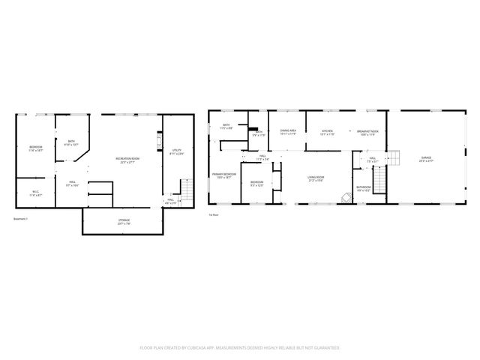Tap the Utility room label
[177, 153]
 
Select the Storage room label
[124, 221]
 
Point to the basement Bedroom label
[35, 148]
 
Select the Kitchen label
[328, 132]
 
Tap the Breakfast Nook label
[367, 132]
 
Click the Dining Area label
[288, 132]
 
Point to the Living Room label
[315, 178]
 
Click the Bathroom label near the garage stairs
[364, 189]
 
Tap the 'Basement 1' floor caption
[21, 219]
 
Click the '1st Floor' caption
[213, 214]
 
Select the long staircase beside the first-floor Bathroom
[381, 181]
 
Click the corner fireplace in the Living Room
[346, 199]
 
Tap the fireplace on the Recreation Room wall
[158, 142]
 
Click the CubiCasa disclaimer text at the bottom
[240, 348]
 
